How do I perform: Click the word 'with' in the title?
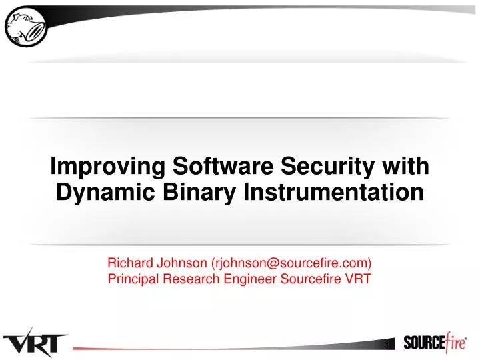click(x=407, y=165)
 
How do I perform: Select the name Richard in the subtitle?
click(x=129, y=263)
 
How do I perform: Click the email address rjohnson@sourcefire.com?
click(x=291, y=263)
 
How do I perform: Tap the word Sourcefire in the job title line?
click(x=313, y=279)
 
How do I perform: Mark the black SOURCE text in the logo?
click(x=424, y=343)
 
